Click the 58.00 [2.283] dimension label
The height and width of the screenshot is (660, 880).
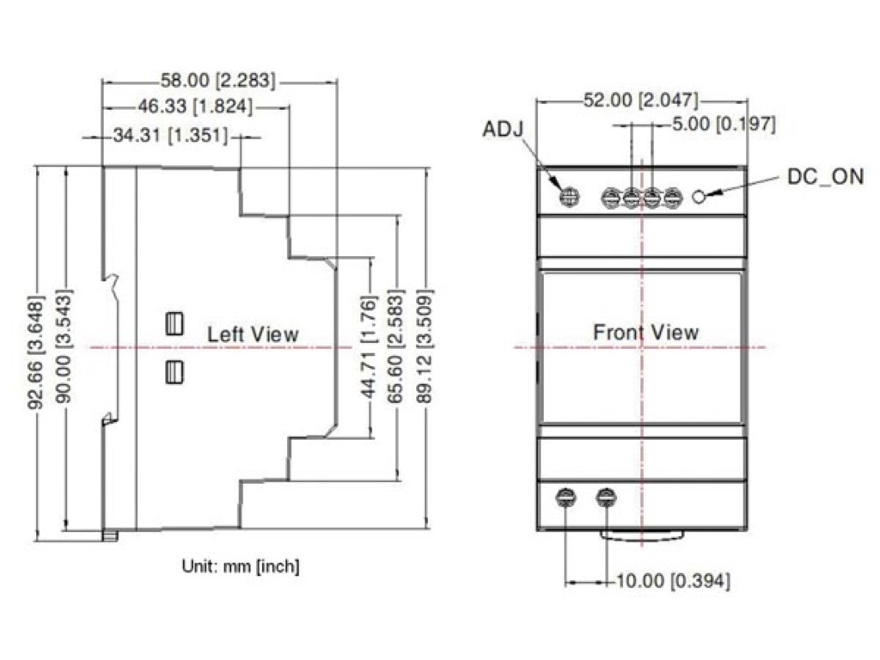pos(218,80)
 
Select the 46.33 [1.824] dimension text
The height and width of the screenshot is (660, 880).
pos(195,106)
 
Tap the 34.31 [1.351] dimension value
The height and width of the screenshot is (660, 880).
pos(171,135)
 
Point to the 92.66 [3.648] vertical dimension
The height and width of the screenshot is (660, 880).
pos(35,352)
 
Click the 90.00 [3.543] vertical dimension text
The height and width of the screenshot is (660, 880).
pos(64,346)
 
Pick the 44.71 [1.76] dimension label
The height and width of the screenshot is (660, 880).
pos(368,347)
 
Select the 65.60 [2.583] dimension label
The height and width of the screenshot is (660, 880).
pos(395,346)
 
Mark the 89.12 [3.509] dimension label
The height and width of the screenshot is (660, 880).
pos(425,346)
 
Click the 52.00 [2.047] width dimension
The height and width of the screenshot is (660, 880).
pos(641,101)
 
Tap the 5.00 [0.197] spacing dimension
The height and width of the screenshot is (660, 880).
pos(724,124)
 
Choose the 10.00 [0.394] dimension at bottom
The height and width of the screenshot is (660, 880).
pos(674,581)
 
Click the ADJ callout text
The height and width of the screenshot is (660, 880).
pos(503,129)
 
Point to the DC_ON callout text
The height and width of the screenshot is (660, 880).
pos(826,177)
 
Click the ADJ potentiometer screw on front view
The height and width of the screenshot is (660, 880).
pos(570,197)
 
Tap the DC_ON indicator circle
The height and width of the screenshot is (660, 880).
pos(699,197)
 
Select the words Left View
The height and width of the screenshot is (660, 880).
pos(253,334)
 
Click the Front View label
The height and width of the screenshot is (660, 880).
pos(646,333)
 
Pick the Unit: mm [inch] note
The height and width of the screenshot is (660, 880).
pos(241,565)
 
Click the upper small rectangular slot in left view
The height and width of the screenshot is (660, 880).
pos(174,324)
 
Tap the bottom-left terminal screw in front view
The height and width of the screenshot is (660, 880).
pos(565,498)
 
